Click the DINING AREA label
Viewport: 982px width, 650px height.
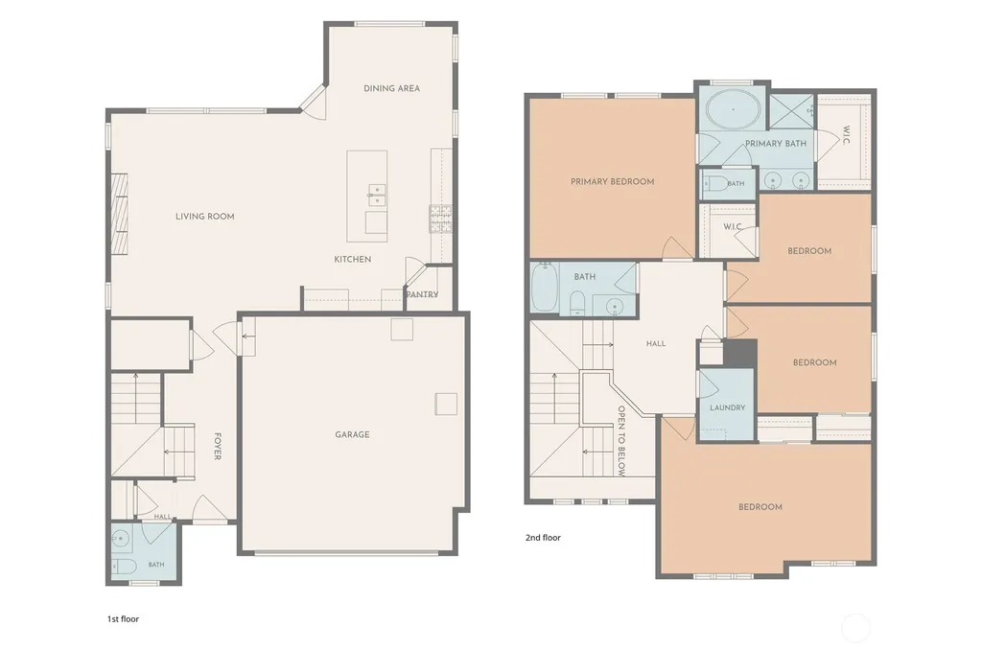(x=391, y=88)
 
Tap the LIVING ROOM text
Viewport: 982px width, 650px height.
(x=205, y=216)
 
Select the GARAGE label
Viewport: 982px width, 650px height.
(x=352, y=434)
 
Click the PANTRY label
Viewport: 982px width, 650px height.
(x=422, y=294)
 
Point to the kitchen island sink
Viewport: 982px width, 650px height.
(x=376, y=196)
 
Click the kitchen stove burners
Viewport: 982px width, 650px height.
(x=440, y=219)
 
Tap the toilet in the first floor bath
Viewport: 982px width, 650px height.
(x=124, y=568)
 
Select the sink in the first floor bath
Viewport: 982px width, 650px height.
(x=122, y=538)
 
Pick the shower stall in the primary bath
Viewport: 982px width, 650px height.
(x=791, y=113)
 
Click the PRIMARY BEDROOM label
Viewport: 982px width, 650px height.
(x=613, y=181)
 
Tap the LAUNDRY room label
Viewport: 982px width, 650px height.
(x=727, y=407)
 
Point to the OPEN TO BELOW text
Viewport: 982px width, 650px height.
(x=621, y=441)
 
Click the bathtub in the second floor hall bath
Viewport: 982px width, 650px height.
(x=545, y=288)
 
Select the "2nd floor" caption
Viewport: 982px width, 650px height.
(x=543, y=537)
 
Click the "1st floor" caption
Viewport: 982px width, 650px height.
(x=123, y=618)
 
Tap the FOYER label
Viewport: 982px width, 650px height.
(x=218, y=447)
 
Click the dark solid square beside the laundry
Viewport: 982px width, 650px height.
(x=740, y=354)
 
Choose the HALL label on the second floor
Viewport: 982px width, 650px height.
(x=656, y=343)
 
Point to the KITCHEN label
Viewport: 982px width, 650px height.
(x=353, y=259)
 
